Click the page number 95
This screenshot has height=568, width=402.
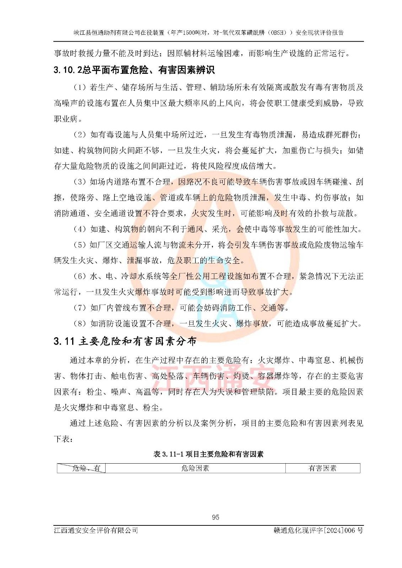click(x=215, y=517)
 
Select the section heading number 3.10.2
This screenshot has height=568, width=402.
click(x=68, y=70)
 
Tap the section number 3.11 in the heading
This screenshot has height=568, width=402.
click(x=64, y=341)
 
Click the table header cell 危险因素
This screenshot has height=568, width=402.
click(x=195, y=468)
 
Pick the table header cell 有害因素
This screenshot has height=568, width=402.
click(x=322, y=468)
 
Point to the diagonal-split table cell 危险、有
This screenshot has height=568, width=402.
click(x=81, y=468)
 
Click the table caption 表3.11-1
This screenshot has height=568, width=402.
click(x=168, y=454)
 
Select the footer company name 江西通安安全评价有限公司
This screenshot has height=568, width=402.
click(x=96, y=530)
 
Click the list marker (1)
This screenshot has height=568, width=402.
click(x=80, y=87)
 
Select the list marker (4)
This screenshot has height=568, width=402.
click(x=80, y=229)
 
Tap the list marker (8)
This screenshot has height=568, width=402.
click(x=80, y=323)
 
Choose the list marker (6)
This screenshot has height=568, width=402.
click(x=80, y=276)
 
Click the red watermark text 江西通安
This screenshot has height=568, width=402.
click(x=213, y=373)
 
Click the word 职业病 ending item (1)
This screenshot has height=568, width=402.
click(x=66, y=119)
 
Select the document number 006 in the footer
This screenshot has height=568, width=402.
click(x=350, y=530)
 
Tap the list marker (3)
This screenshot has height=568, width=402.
click(x=80, y=182)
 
